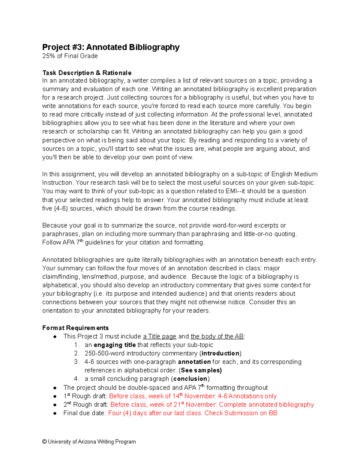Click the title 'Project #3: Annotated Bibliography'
point(111,47)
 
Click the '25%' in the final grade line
point(49,56)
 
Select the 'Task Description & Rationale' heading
point(87,73)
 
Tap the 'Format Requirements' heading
point(75,328)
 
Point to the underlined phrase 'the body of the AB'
point(217,336)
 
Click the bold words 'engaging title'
point(115,345)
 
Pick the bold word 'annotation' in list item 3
point(194,362)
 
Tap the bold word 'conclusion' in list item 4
point(190,379)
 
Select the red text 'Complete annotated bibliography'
point(266,404)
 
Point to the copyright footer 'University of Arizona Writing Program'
point(92,442)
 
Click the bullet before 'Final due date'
point(55,413)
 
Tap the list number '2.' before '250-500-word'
point(77,353)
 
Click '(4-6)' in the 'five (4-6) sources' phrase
point(61,208)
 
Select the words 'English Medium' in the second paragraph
point(294,174)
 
